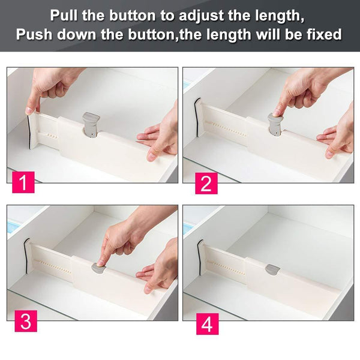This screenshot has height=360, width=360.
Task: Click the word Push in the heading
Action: coord(37,34)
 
